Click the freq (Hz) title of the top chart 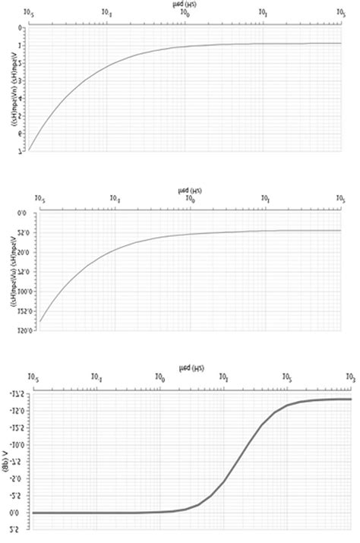point(185,5)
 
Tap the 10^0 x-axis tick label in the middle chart point(190,200)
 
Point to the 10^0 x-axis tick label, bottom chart point(160,377)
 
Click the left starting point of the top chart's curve point(30,150)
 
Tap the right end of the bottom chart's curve point(351,399)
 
